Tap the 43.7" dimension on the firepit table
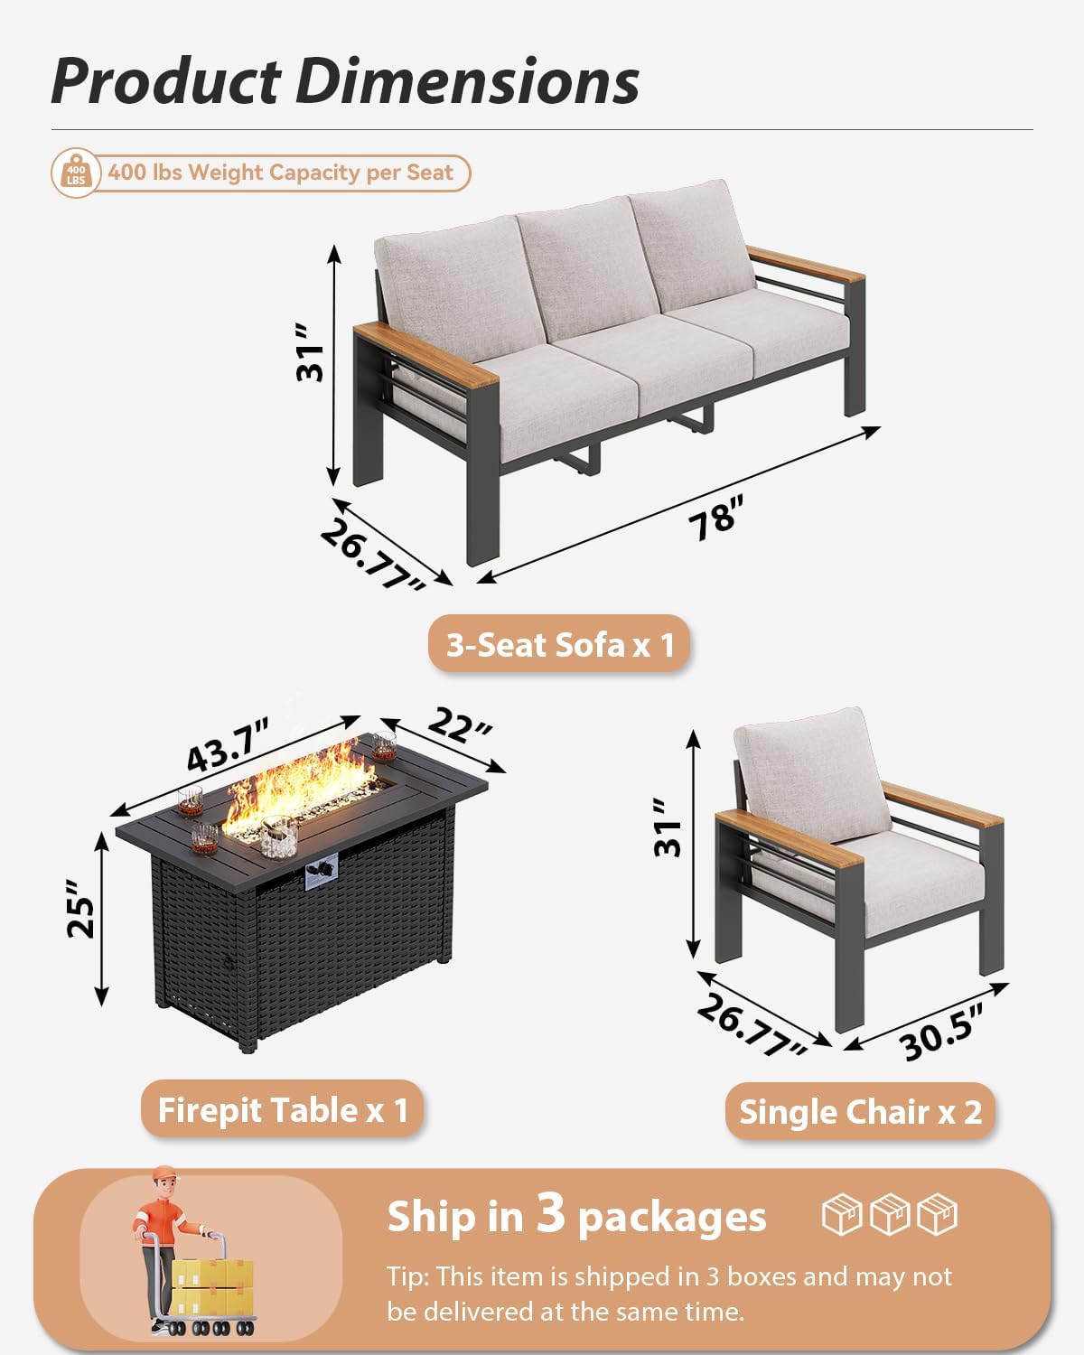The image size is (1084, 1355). click(229, 745)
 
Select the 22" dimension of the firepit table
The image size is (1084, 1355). click(460, 726)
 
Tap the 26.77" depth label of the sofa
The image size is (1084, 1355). click(372, 555)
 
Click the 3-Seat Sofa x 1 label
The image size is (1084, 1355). click(560, 645)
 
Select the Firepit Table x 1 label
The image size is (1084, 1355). click(283, 1110)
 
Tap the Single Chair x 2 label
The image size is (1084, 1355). click(860, 1112)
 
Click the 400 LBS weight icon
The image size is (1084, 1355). click(76, 173)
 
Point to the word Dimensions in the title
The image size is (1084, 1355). click(467, 81)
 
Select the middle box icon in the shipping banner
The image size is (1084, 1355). click(890, 1214)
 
